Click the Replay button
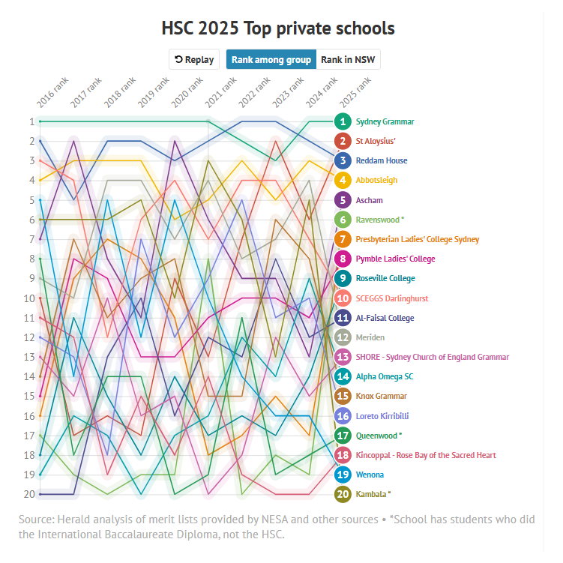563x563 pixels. click(x=193, y=60)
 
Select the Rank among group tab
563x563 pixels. click(x=271, y=60)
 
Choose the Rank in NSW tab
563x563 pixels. click(x=349, y=60)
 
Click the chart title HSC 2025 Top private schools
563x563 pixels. click(x=278, y=28)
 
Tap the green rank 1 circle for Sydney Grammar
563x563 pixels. click(x=343, y=121)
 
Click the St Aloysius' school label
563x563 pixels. click(x=375, y=141)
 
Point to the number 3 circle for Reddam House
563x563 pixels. click(x=343, y=160)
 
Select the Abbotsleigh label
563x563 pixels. click(x=376, y=180)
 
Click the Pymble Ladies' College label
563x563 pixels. click(x=395, y=259)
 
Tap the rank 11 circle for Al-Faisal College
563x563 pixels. click(x=343, y=318)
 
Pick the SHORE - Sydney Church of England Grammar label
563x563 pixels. click(x=432, y=357)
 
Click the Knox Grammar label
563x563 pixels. click(x=381, y=396)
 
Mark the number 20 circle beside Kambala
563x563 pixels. click(x=343, y=494)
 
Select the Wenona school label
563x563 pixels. click(x=370, y=475)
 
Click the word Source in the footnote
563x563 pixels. click(x=35, y=520)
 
